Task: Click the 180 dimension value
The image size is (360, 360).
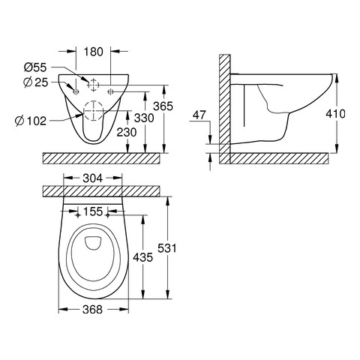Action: click(93, 52)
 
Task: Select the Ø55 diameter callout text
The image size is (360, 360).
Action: click(35, 67)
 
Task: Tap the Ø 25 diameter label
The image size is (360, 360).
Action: click(36, 82)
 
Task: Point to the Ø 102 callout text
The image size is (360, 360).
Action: click(31, 121)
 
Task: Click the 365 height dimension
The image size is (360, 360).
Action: click(163, 106)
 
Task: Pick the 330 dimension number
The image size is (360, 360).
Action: click(144, 118)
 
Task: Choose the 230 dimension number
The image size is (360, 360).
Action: click(127, 133)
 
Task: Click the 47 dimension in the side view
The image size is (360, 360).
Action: click(199, 115)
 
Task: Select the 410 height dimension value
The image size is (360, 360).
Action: click(335, 114)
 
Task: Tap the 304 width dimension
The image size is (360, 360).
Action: click(93, 178)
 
